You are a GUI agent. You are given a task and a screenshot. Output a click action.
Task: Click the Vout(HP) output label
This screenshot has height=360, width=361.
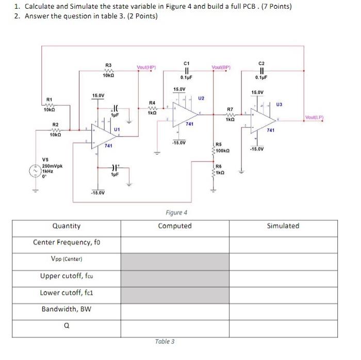tap(147, 67)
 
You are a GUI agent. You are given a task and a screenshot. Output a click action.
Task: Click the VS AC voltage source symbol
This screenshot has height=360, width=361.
tap(35, 170)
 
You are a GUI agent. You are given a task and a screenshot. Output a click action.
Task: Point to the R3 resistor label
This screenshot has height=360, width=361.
tap(108, 65)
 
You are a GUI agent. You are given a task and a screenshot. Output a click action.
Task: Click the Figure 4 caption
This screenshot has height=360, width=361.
tap(176, 212)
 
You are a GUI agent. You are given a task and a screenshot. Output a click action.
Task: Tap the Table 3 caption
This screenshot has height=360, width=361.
tap(165, 341)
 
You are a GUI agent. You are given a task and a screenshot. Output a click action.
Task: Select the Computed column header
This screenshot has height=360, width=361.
tap(175, 226)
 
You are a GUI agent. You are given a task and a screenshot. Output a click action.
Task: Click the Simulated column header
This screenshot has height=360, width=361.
tap(283, 226)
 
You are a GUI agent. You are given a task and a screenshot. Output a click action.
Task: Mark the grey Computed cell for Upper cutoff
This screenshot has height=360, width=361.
tap(175, 276)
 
